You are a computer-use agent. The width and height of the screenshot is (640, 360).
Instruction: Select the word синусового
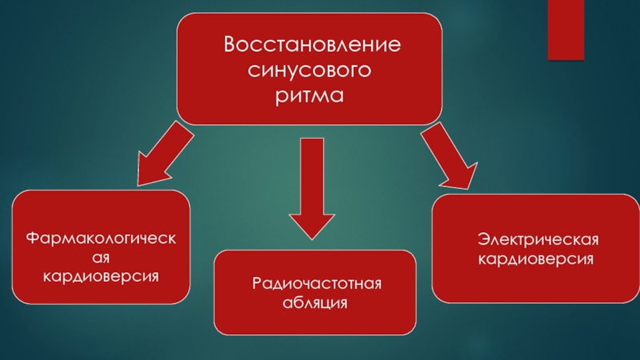pos(310,70)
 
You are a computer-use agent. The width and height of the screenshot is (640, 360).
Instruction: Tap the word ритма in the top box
pos(310,97)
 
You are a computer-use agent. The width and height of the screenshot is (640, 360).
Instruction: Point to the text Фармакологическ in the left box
pos(101,238)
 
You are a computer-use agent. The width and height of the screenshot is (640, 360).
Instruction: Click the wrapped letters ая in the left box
pos(100,257)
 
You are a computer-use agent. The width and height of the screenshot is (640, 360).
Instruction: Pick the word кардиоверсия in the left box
pos(101,275)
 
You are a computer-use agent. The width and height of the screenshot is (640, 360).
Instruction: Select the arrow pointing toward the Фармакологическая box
pos(165,156)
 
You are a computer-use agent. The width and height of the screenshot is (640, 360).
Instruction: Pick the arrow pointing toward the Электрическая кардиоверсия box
pos(448,156)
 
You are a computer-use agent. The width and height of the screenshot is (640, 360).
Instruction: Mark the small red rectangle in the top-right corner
pos(565,30)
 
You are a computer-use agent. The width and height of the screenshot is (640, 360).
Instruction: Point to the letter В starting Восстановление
pos(230,43)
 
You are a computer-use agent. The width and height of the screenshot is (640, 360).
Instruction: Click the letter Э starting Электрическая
pos(482,241)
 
